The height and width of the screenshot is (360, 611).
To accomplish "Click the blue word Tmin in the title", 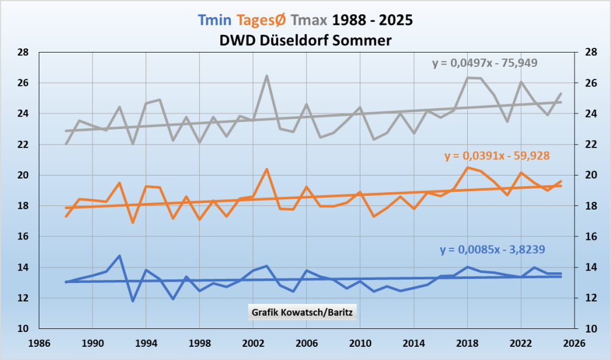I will pos(217,20).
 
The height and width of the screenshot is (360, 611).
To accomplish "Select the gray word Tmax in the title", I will pos(310,20).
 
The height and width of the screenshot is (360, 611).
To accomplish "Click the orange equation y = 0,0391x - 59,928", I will pos(496,156).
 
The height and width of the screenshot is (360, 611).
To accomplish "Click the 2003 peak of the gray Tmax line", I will pos(266,76).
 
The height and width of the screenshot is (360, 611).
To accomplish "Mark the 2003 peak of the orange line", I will pos(266,170).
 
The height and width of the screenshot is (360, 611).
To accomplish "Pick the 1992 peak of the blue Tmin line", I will pos(119,256).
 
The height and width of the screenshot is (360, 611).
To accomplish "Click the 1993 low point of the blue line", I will pos(133,301).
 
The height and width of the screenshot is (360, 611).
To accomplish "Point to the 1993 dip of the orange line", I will pos(133,223).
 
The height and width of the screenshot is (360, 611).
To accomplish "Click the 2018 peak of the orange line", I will pos(467,167).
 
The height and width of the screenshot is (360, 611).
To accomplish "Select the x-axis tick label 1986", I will pos(38,344).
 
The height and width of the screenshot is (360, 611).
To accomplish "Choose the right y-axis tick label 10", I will pos(588,329).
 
